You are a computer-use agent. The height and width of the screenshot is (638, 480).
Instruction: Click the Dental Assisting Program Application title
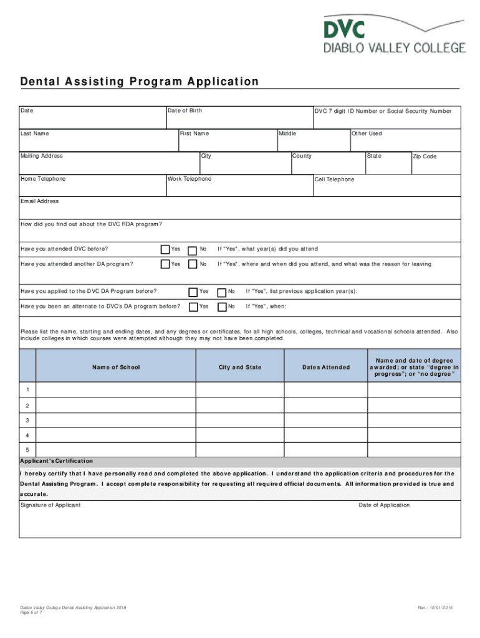pyautogui.click(x=139, y=82)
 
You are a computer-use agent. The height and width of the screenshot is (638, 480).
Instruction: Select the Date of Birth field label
pyautogui.click(x=184, y=111)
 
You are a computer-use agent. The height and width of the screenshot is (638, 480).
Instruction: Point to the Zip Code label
pyautogui.click(x=425, y=156)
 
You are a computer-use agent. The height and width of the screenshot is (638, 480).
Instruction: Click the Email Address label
pyautogui.click(x=39, y=201)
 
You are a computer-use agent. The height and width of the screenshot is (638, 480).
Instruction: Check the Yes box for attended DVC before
pyautogui.click(x=165, y=249)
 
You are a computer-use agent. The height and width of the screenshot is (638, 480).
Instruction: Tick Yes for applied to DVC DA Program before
pyautogui.click(x=193, y=292)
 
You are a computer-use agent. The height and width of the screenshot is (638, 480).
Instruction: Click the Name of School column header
pyautogui.click(x=116, y=368)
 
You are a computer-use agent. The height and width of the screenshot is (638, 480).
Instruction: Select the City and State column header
pyautogui.click(x=240, y=368)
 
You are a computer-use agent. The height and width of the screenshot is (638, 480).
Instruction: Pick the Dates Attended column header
pyautogui.click(x=326, y=368)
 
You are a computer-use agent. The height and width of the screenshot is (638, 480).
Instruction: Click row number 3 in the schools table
pyautogui.click(x=27, y=421)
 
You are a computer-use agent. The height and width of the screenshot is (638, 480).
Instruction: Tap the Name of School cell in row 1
pyautogui.click(x=116, y=390)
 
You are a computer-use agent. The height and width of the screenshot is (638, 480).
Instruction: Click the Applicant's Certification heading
pyautogui.click(x=56, y=461)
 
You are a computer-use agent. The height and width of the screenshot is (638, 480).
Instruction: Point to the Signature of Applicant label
pyautogui.click(x=50, y=505)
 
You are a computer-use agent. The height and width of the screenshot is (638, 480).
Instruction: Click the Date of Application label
pyautogui.click(x=384, y=505)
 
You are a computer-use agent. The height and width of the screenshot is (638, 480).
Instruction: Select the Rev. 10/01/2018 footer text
pyautogui.click(x=434, y=607)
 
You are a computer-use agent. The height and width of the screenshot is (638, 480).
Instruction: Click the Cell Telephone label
pyautogui.click(x=334, y=179)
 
